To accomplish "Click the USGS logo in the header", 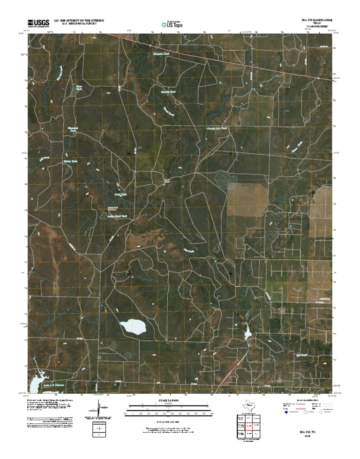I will click(38, 23).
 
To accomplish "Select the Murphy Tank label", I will click(168, 92).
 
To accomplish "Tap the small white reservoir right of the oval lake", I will click(247, 334).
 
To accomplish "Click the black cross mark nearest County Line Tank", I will click(231, 153).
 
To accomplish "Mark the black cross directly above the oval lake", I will click(129, 272).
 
